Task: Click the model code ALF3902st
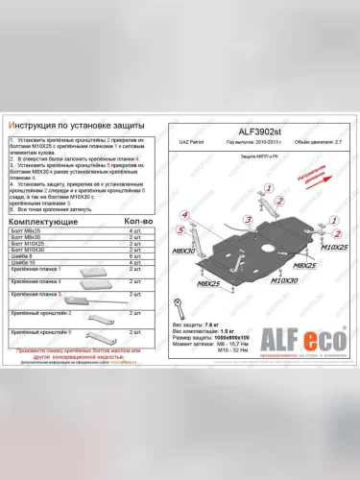tap(254, 132)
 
